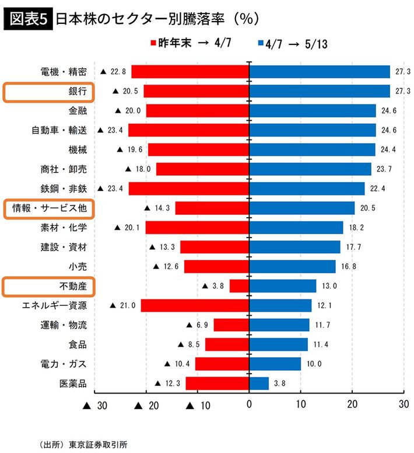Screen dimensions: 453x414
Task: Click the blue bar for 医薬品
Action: tap(259, 384)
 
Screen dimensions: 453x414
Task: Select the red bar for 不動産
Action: tap(239, 286)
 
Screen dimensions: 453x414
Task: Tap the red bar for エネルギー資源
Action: tap(195, 305)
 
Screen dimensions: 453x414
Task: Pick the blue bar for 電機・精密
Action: tap(320, 72)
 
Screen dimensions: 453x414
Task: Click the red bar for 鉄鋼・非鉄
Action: tap(189, 189)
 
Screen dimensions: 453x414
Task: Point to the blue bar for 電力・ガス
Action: tap(275, 364)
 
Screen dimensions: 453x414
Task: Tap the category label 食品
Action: tap(78, 344)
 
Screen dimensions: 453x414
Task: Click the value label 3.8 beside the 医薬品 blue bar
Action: tap(280, 384)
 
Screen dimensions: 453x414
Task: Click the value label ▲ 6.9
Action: tap(197, 325)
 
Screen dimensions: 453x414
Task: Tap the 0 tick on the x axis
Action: tap(249, 405)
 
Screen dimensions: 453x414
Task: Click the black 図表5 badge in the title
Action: tap(29, 19)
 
